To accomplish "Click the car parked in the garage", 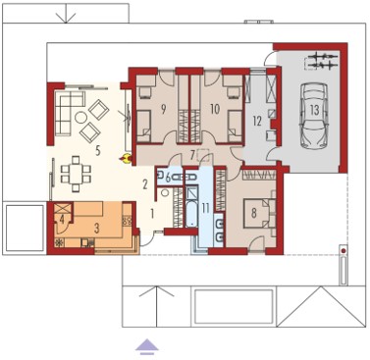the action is [x=314, y=116].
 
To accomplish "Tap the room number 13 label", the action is [x=314, y=110].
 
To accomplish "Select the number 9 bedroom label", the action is [x=163, y=110].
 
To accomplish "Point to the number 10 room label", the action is [x=215, y=109].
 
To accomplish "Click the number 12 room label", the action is [x=257, y=122].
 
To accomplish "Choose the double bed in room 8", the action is [x=258, y=213].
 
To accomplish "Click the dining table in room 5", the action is [x=76, y=174].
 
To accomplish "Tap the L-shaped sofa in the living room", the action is [x=69, y=112].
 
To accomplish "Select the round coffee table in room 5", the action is [x=80, y=118].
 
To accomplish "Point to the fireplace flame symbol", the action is [x=126, y=159].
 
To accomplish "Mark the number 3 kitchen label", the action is [x=96, y=229].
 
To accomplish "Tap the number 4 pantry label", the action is [x=62, y=218].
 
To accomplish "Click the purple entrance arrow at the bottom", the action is [x=147, y=346].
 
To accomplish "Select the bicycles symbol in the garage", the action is [x=322, y=61].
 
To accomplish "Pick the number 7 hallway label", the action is [x=193, y=154].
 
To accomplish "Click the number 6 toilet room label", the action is [x=168, y=179].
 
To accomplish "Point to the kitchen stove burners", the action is [x=128, y=220].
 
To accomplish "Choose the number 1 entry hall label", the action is [x=152, y=214].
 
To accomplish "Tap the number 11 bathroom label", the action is [x=205, y=208].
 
